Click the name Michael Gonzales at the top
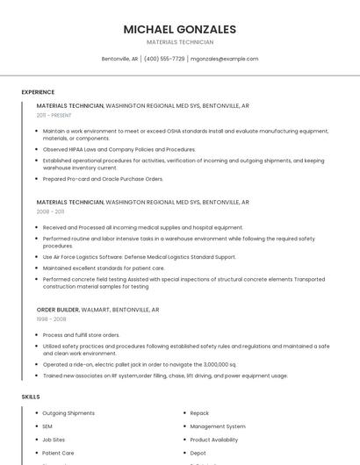180,29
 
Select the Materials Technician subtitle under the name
180,42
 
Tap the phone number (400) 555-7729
164,59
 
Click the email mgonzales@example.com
225,59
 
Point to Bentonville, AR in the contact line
119,59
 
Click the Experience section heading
38,92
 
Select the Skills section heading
31,397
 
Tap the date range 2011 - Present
54,115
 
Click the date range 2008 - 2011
50,211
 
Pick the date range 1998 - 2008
50,319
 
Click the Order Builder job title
58,310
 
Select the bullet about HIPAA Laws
119,149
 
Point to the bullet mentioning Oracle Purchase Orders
103,179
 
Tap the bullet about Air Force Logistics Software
139,257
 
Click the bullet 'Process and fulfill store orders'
81,335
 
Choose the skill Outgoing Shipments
68,412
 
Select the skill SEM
48,426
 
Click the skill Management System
217,426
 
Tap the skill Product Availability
213,440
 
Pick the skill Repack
199,412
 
